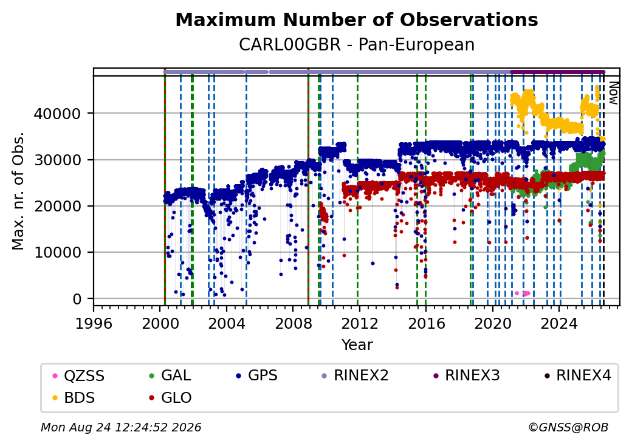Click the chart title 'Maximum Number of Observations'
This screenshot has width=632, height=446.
[x=357, y=19]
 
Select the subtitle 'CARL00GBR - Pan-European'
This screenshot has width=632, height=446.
[x=357, y=44]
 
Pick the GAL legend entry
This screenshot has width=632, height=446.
[x=170, y=376]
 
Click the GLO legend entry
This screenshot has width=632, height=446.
[x=170, y=397]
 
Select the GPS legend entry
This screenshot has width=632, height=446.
[x=256, y=376]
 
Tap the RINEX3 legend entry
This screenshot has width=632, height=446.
[x=466, y=376]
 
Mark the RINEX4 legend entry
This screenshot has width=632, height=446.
[x=577, y=376]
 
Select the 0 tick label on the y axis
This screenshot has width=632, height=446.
[x=77, y=299]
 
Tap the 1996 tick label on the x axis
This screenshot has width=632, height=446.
[x=94, y=323]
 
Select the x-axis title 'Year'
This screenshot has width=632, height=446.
[x=357, y=345]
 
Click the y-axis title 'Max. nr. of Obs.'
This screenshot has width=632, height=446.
[x=18, y=191]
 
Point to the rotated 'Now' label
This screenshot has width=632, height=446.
[x=613, y=93]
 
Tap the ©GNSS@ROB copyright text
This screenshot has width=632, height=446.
[x=568, y=427]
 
